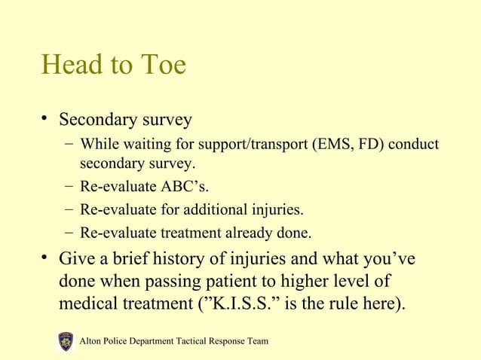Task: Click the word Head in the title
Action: click(72, 66)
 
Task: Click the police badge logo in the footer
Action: click(66, 341)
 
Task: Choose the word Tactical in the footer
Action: click(194, 342)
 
